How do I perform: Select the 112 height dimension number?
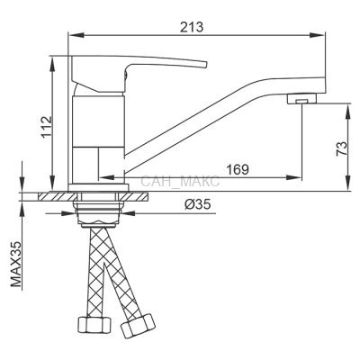[47, 127]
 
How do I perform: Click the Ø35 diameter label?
[198, 204]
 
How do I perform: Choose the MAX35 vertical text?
[16, 265]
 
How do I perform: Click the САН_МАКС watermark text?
[180, 182]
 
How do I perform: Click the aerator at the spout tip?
[301, 99]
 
